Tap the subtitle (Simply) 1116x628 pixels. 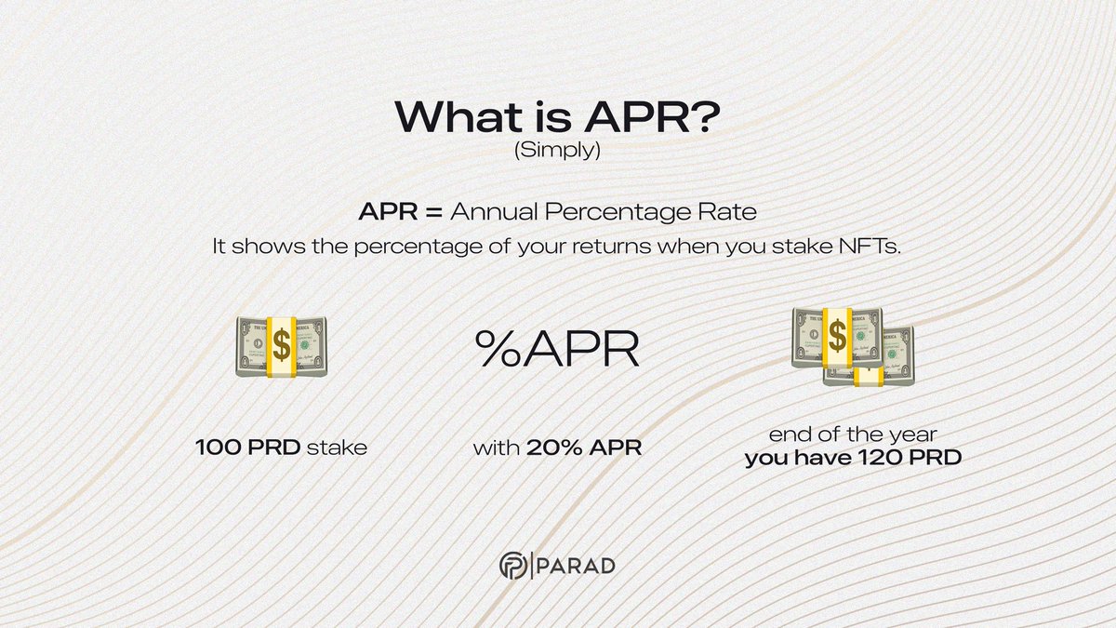557,152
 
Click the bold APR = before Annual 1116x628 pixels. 401,212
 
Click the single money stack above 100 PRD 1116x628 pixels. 281,346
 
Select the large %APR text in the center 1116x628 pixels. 557,350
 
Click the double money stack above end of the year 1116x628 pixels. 850,345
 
